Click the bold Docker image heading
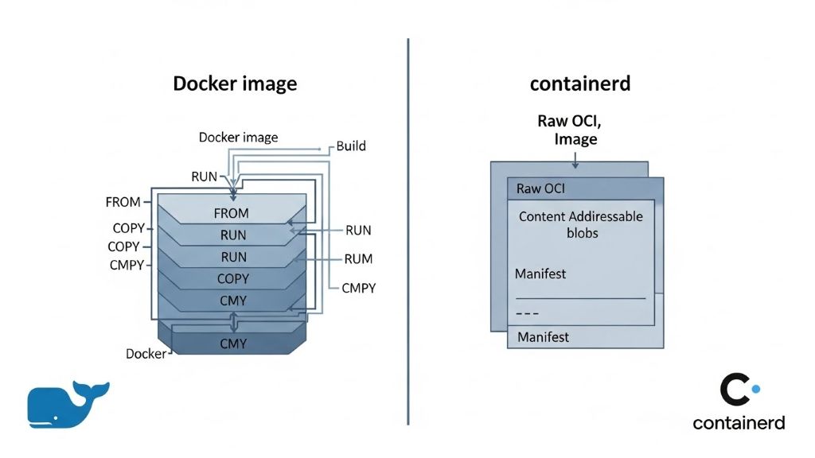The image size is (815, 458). click(235, 83)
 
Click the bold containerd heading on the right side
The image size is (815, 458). click(579, 83)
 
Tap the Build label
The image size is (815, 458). click(351, 146)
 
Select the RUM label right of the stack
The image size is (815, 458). click(358, 258)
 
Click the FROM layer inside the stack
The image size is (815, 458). click(231, 213)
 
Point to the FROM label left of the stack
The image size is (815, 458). click(123, 202)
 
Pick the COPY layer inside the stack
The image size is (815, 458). click(232, 279)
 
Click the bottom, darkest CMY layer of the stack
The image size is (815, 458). click(232, 343)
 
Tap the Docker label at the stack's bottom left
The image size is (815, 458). click(146, 353)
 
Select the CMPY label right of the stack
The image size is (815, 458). click(358, 288)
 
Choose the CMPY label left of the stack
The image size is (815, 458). click(126, 265)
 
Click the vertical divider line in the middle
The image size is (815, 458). click(408, 231)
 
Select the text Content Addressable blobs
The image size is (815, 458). click(580, 224)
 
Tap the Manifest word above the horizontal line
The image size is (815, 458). click(540, 274)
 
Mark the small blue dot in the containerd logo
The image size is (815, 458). click(756, 389)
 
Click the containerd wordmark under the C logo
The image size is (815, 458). click(739, 422)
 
